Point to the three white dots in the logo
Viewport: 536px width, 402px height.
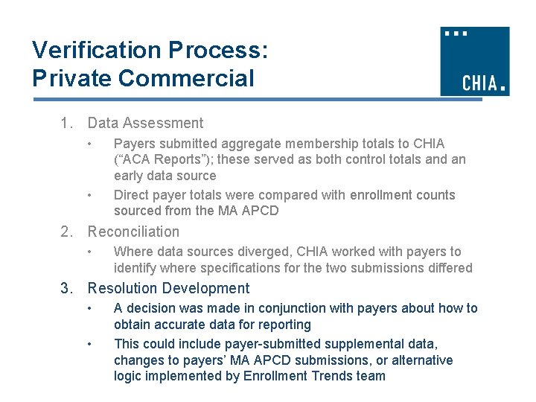pos(456,33)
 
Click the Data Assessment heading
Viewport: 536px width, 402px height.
pos(145,124)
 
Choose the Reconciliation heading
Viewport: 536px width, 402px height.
pos(133,232)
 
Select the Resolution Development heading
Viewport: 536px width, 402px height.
pos(168,289)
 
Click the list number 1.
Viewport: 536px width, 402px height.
pos(66,124)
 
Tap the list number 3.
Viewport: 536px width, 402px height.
pos(66,289)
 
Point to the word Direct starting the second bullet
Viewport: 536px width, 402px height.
pos(132,195)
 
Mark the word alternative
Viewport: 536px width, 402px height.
pos(419,360)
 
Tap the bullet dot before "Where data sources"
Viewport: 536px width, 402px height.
pos(89,252)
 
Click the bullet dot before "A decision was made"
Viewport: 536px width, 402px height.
pos(89,308)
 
